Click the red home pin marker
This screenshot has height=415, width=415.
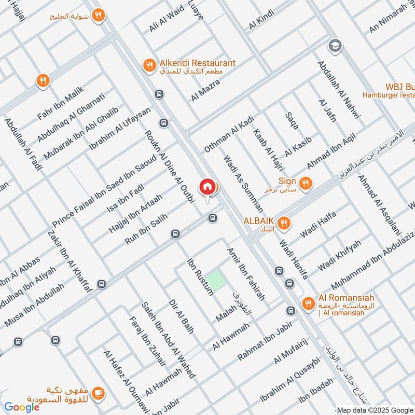[x=207, y=187]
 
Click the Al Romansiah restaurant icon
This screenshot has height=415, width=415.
[x=309, y=303]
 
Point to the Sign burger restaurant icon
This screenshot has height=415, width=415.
[x=306, y=183]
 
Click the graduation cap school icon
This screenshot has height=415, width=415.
[x=335, y=46]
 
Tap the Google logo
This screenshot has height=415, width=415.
[x=22, y=407]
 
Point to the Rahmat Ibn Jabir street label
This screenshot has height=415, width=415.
[x=265, y=342]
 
